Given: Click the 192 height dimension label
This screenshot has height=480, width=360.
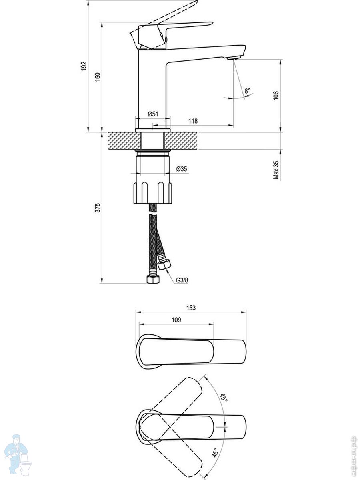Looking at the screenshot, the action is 84,66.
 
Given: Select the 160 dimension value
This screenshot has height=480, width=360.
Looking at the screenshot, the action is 98,77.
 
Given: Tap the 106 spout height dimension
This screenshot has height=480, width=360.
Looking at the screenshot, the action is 276,95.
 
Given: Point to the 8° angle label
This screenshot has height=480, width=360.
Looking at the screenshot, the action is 248,90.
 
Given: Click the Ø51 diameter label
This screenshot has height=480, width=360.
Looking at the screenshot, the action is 153,114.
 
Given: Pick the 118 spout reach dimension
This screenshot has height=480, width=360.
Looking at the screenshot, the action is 193,121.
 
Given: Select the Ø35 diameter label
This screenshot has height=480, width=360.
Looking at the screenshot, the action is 182,169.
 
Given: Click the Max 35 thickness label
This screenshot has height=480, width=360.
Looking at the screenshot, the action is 276,170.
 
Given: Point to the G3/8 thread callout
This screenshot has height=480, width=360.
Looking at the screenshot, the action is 182,280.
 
